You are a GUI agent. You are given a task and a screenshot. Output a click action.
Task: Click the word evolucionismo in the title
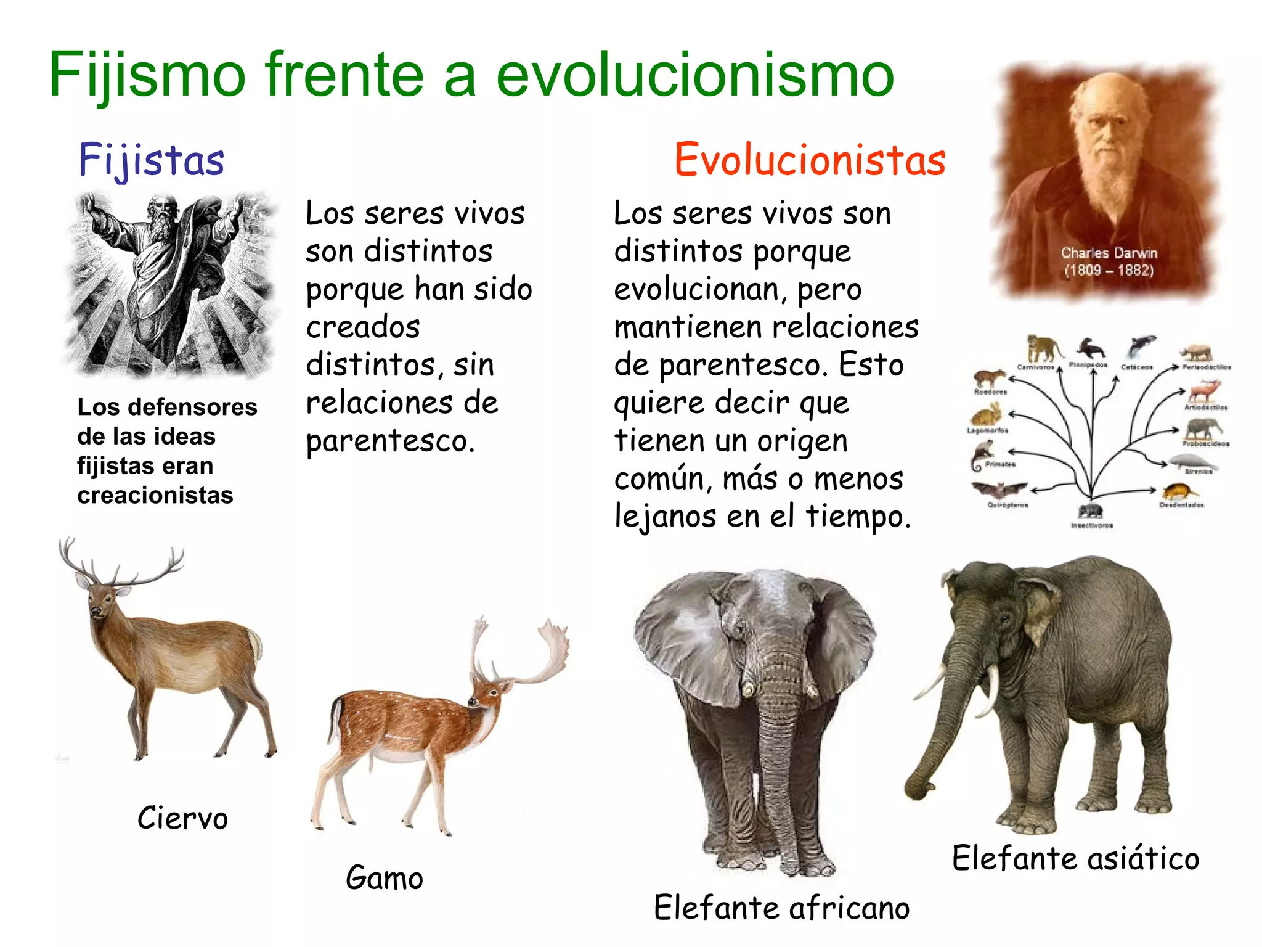(694, 75)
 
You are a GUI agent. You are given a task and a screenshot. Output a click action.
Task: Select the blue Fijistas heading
(151, 160)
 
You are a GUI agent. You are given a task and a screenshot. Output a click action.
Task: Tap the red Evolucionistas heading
(810, 160)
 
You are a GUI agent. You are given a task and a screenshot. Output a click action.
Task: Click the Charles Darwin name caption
(1109, 253)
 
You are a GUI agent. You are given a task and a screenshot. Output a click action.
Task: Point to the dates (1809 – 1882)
(1109, 270)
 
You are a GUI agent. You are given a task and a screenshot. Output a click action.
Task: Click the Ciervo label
(182, 819)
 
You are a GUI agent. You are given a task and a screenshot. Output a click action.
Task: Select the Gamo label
(384, 878)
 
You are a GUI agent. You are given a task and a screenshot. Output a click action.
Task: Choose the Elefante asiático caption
(1075, 858)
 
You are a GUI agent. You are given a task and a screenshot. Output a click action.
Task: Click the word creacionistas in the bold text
(155, 496)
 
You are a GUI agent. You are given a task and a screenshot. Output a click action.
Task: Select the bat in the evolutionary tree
(998, 490)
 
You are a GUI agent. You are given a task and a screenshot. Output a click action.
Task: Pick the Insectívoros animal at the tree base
(1090, 511)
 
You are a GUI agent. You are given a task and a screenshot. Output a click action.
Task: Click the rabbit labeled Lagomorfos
(986, 414)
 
